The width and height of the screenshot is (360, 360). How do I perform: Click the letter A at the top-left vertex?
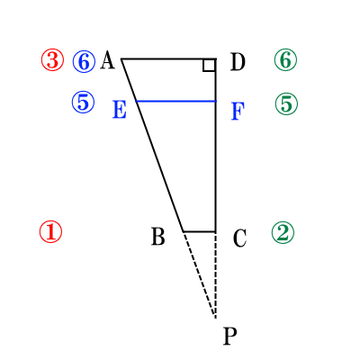pos(107,60)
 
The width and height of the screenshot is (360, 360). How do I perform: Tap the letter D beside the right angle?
pos(238,62)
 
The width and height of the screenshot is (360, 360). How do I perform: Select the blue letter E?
pos(120,110)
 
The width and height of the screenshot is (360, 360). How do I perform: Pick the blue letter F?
pos(238,112)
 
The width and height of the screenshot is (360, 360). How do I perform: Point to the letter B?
pos(158,237)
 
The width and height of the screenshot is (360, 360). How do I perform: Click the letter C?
pos(239,238)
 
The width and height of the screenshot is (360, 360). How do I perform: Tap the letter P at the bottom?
pos(230,336)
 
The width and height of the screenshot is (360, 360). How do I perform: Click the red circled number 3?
pos(52,60)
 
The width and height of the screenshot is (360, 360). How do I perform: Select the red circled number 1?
pos(50,231)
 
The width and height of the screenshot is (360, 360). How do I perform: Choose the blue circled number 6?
pos(84,61)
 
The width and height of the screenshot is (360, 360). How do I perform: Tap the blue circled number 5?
pos(83,103)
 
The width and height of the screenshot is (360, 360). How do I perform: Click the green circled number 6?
pos(285,59)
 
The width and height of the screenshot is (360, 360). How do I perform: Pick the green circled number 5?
pos(286,103)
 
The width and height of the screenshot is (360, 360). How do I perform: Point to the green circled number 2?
pos(283,233)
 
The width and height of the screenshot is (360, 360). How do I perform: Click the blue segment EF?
pos(176,102)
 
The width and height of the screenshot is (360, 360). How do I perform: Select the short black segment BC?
pos(200,231)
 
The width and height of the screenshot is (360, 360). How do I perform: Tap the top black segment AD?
pos(168,58)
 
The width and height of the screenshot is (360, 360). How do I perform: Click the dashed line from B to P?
pos(200,274)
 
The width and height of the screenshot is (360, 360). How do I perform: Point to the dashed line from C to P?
pos(216,274)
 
